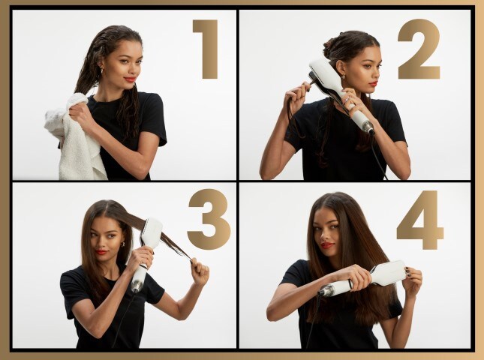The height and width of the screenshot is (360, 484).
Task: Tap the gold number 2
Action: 419,49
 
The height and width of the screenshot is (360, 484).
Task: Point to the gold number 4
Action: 421,219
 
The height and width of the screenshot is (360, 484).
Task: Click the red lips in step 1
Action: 130,79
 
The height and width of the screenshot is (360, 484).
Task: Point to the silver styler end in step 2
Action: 368,126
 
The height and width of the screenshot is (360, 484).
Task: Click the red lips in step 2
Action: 373,83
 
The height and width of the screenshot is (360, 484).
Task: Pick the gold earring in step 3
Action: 122,244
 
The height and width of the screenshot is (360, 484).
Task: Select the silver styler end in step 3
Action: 136,284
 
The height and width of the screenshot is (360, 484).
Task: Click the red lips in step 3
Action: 101,252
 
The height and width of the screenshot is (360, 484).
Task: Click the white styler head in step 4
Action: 388,272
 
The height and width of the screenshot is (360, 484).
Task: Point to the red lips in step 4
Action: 328,245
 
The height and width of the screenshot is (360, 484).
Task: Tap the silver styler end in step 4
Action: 326,290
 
